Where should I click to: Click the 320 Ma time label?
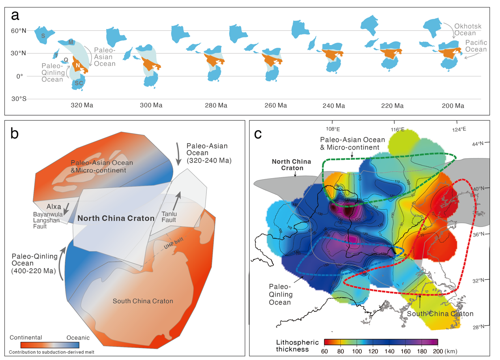click(82, 105)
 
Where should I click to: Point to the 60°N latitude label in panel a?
click(19, 30)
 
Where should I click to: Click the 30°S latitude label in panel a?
click(19, 99)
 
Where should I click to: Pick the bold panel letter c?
click(258, 134)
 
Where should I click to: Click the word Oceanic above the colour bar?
click(77, 337)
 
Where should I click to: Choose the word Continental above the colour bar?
click(26, 337)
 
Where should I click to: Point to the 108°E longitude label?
click(333, 129)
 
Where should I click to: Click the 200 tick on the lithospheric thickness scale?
click(438, 349)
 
